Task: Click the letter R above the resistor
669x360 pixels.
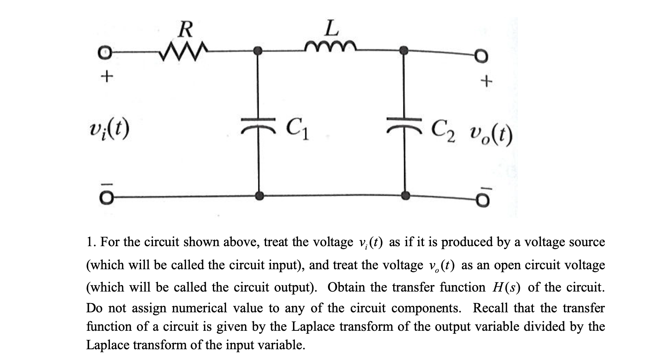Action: [186, 30]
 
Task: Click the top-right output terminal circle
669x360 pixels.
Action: [483, 57]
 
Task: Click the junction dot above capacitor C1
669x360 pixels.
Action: [259, 50]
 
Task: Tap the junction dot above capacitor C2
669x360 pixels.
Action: [404, 50]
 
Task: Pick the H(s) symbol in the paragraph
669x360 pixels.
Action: [507, 287]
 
